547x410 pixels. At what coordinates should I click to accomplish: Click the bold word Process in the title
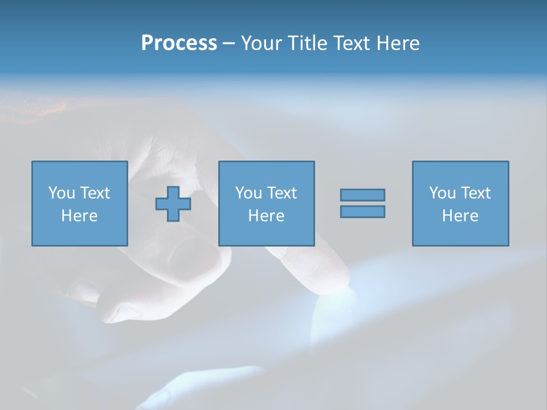pos(179,43)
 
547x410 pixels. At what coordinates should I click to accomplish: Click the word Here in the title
pos(399,43)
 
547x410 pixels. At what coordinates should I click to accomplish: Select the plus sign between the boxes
pos(173,204)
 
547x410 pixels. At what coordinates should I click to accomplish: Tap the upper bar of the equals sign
pos(362,195)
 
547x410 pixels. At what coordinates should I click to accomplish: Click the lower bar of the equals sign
pos(362,211)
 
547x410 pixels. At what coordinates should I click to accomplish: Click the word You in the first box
pos(62,193)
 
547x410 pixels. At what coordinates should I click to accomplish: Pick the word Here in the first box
pos(79,216)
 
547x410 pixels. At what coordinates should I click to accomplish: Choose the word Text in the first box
pos(95,193)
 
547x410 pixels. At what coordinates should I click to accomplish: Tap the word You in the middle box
pos(248,193)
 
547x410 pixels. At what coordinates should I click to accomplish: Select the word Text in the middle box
pos(281,193)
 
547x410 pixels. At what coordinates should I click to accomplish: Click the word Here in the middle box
pos(266,216)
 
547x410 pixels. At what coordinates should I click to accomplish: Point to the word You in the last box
pos(442,193)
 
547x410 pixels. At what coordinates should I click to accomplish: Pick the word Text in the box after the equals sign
pos(475,193)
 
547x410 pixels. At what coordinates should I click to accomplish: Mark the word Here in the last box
pos(460,216)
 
